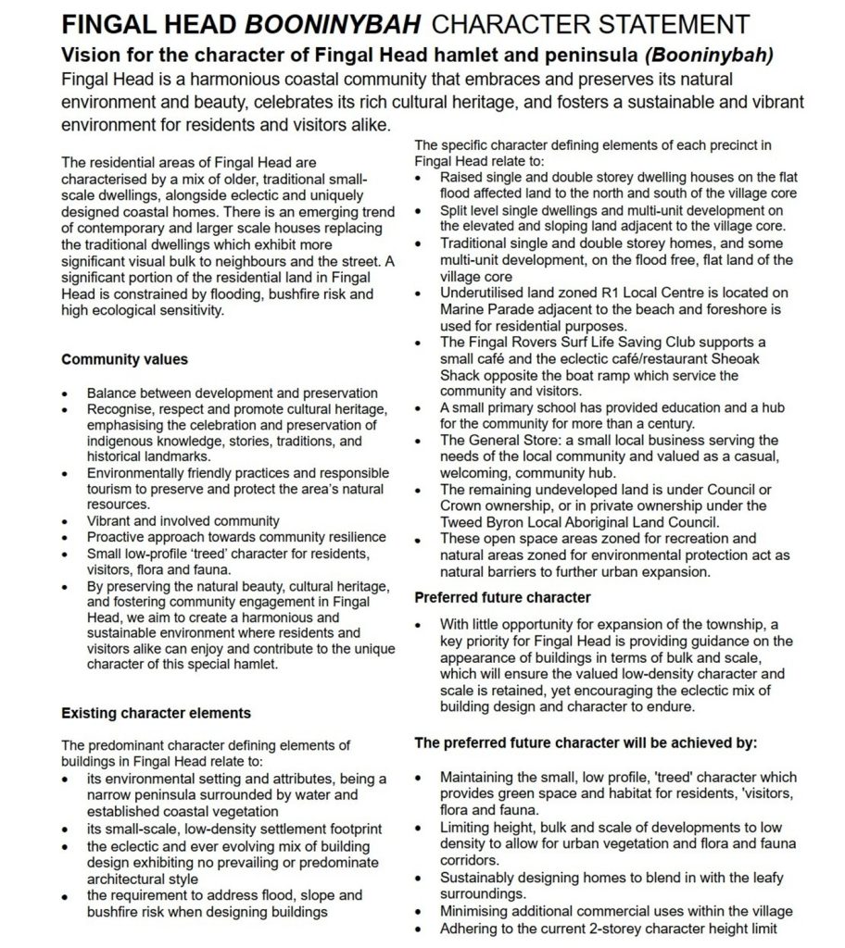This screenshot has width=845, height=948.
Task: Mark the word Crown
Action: click(x=460, y=505)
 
